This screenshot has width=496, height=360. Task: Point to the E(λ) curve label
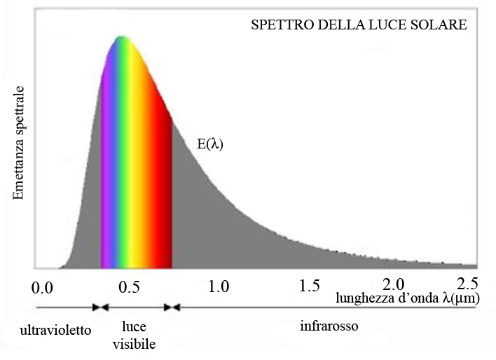tap(209, 145)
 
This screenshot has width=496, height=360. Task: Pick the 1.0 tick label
tap(219, 286)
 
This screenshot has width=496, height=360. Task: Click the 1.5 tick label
tap(309, 286)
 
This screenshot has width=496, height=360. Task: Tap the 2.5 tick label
tap(467, 284)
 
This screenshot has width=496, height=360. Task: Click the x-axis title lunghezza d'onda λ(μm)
tap(407, 298)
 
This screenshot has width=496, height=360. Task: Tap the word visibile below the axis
tap(133, 345)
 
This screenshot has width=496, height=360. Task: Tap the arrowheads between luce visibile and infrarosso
tap(172, 307)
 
